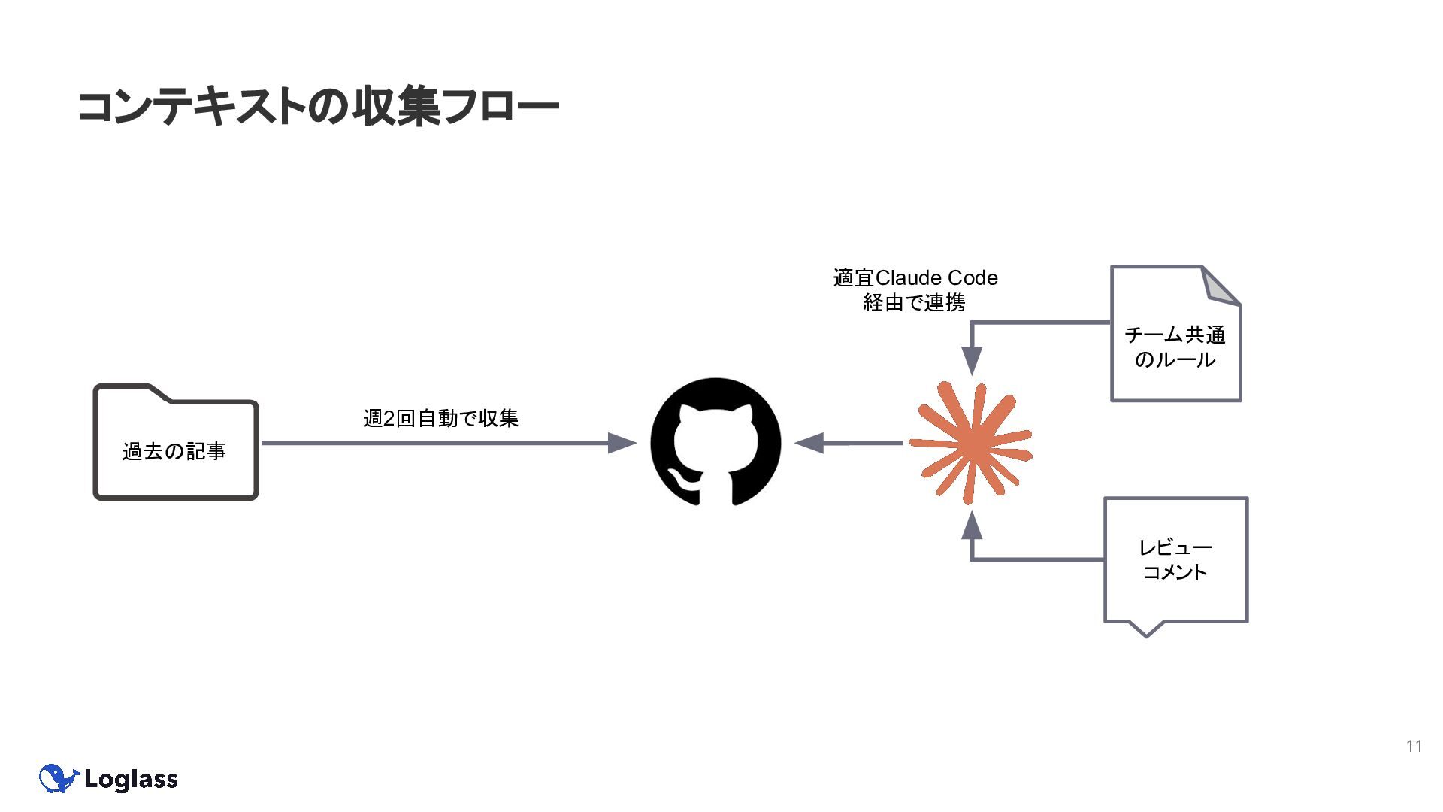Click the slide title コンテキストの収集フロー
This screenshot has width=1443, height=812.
coord(318,107)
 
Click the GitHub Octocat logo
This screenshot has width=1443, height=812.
coord(715,442)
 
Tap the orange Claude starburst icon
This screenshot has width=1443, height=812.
coord(971,443)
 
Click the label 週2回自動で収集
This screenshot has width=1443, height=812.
coord(440,418)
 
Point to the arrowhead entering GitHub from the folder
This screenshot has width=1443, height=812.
coord(622,443)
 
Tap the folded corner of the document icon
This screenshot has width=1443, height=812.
coord(1220,286)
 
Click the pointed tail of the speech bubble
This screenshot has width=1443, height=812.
coord(1146,629)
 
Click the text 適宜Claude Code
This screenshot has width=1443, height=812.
coord(915,278)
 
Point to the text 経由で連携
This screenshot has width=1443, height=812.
coord(914,303)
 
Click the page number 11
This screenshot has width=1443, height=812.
coord(1414,746)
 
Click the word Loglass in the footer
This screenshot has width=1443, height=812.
coord(132,780)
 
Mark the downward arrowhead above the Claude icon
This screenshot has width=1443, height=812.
coord(972,360)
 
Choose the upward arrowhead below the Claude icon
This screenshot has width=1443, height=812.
coord(972,525)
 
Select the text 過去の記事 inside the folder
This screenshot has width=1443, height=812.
coord(174,451)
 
